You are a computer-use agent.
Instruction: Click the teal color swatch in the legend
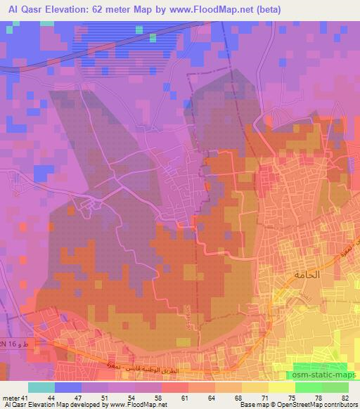[x=41, y=387]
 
